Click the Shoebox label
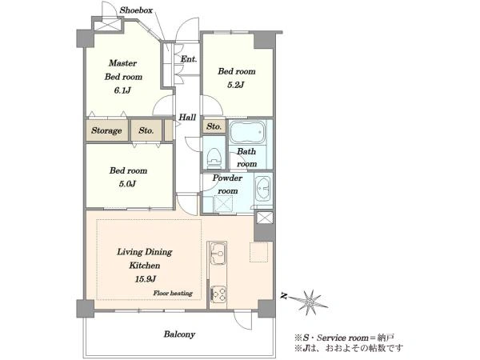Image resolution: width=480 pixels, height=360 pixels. [x=136, y=10]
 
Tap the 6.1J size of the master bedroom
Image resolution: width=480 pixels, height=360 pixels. [x=122, y=90]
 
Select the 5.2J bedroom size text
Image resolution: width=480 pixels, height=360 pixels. [x=236, y=85]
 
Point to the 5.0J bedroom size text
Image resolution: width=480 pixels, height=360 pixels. [x=127, y=184]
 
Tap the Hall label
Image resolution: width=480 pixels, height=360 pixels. [x=187, y=117]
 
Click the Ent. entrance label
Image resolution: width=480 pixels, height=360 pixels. [x=189, y=58]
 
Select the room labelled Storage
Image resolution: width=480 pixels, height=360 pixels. [x=107, y=130]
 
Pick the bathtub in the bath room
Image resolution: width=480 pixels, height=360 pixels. [x=248, y=132]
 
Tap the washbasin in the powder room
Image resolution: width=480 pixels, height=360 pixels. [x=263, y=189]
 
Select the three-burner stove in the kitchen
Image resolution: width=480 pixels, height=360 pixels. [x=218, y=294]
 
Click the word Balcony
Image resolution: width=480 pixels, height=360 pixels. [x=179, y=334]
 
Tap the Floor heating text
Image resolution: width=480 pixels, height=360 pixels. [x=173, y=294]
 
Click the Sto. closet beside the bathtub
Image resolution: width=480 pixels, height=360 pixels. [x=214, y=126]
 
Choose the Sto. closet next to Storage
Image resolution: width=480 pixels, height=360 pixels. [x=146, y=130]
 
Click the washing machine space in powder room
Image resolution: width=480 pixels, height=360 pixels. [x=223, y=203]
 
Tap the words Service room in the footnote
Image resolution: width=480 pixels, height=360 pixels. [x=342, y=338]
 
